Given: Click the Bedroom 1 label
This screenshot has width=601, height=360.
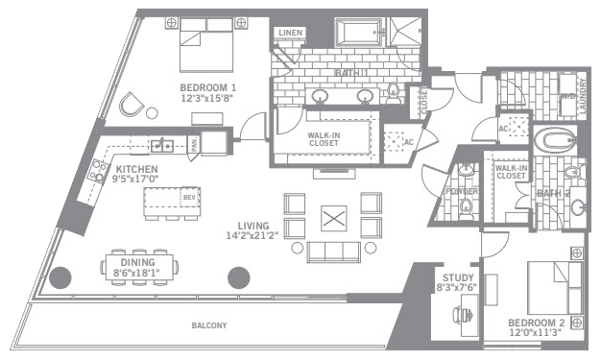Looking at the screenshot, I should click(x=207, y=87).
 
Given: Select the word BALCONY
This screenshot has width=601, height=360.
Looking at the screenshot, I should click(x=209, y=325).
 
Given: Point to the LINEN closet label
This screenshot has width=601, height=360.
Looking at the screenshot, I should click(x=289, y=34).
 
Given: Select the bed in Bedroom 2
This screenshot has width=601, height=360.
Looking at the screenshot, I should click(x=556, y=287).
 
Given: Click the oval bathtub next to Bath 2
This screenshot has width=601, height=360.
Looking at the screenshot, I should click(x=555, y=141).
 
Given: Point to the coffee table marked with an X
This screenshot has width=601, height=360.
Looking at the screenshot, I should click(x=333, y=218).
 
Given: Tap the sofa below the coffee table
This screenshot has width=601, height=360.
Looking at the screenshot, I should click(x=333, y=252).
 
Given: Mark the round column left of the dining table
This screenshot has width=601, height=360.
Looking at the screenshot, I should click(x=60, y=278).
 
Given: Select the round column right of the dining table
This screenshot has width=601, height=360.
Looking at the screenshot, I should click(x=238, y=278).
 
